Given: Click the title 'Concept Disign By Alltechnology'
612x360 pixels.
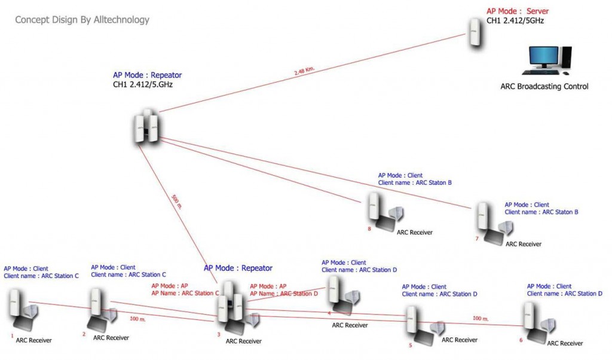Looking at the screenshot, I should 82,20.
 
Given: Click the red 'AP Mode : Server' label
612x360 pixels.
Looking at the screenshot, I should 517,11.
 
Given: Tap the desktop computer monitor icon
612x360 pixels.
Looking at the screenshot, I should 543,59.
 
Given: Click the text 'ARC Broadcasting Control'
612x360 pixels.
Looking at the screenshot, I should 544,86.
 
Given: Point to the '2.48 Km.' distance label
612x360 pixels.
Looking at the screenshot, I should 304,72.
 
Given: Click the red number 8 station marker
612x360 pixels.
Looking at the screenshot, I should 369,228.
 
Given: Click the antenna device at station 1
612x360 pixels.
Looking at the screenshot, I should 16,304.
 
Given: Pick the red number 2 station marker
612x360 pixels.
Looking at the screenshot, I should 84,334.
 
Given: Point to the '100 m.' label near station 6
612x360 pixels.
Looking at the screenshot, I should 481,318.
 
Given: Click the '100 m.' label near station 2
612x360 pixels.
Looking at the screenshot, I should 137,319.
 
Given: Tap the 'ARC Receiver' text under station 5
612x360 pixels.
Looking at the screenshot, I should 459,340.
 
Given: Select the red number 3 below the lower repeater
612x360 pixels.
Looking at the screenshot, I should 219,335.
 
